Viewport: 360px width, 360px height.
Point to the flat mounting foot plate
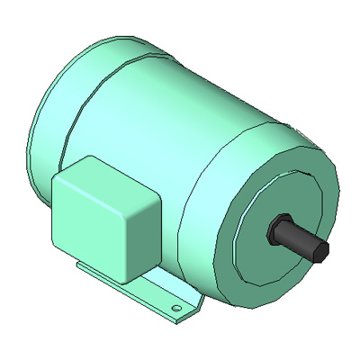click(162, 297)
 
